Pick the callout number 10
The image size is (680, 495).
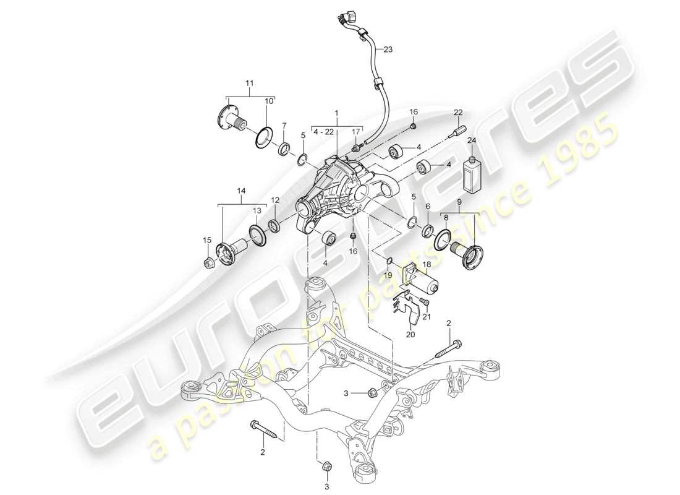[270, 101]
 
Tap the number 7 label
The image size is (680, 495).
[284, 126]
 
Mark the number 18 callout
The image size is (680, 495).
[427, 264]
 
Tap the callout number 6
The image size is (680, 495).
[427, 206]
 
